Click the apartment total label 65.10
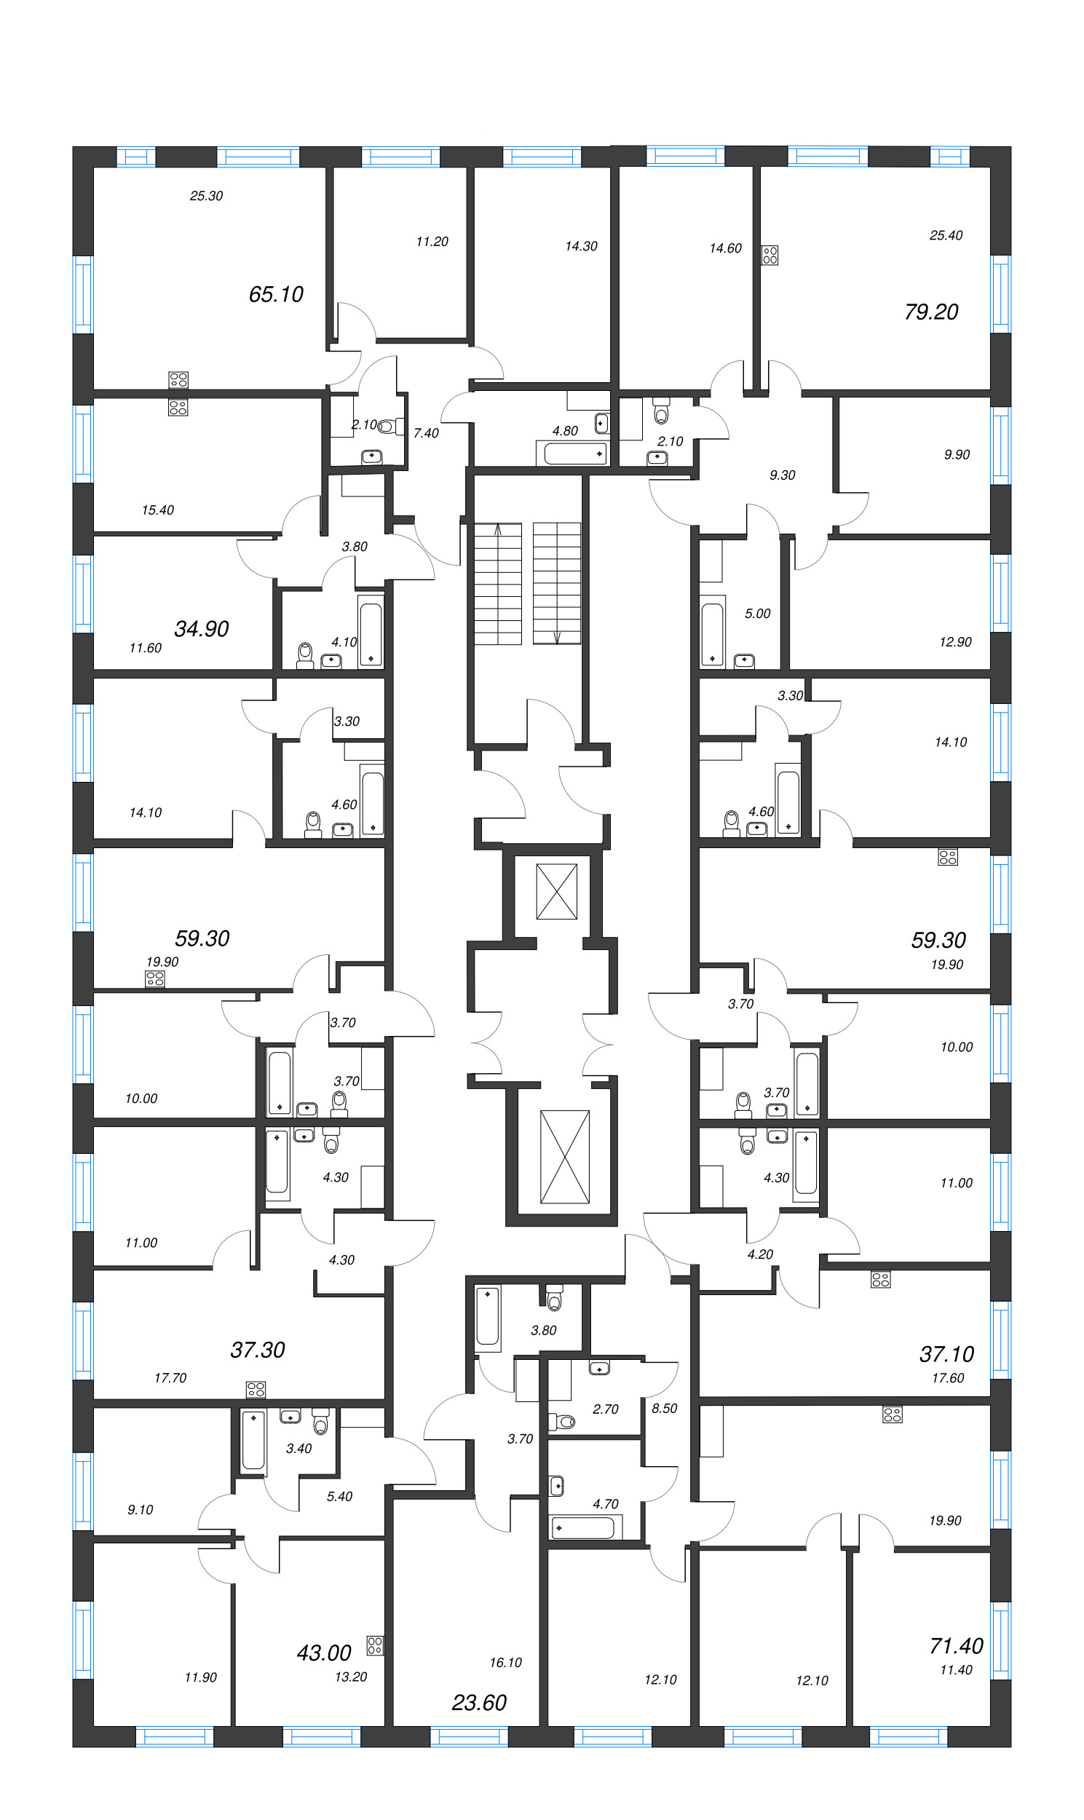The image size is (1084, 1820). tap(275, 294)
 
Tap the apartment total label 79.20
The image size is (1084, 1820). tap(930, 312)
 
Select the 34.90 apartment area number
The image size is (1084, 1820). tap(202, 628)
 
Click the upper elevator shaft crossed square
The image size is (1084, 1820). tap(557, 891)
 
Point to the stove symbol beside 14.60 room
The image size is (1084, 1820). tap(770, 255)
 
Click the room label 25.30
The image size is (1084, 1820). tap(206, 196)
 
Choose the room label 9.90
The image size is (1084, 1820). tap(956, 454)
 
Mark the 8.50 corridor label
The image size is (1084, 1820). tap(664, 1408)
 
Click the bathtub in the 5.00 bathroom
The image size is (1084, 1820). tap(712, 632)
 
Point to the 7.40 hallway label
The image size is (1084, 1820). tap(426, 433)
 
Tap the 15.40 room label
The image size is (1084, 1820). tap(158, 510)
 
